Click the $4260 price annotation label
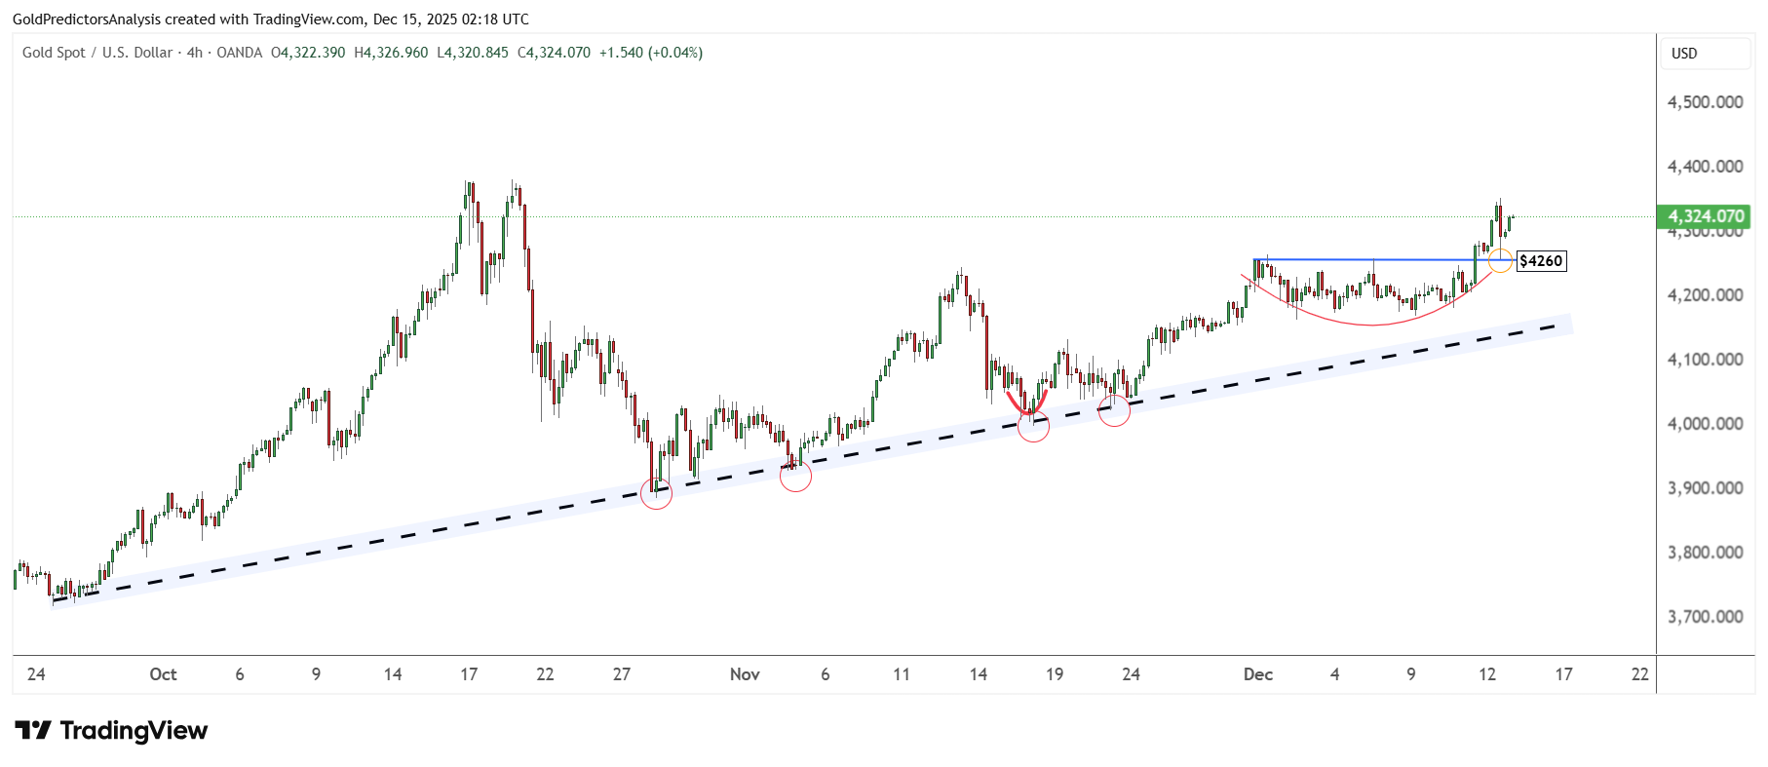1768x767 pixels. (1541, 261)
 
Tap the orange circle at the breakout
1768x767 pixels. (1500, 260)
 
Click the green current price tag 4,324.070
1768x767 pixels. (1705, 216)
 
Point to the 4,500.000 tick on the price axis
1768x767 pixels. (1705, 102)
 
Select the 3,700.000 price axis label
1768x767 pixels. (1705, 617)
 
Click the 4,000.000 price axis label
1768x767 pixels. (1705, 424)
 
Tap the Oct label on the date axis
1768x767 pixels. (163, 674)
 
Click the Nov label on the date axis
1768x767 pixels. (745, 674)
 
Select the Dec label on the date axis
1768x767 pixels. (1258, 674)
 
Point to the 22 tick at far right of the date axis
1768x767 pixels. (1640, 674)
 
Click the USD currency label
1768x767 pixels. (1684, 54)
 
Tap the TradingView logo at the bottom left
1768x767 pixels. (112, 731)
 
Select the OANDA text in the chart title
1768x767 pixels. (239, 53)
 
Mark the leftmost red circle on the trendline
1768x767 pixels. (656, 493)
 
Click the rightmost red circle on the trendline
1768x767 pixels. (1114, 410)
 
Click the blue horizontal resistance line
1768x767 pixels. (1364, 259)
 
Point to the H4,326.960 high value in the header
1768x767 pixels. (391, 53)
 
